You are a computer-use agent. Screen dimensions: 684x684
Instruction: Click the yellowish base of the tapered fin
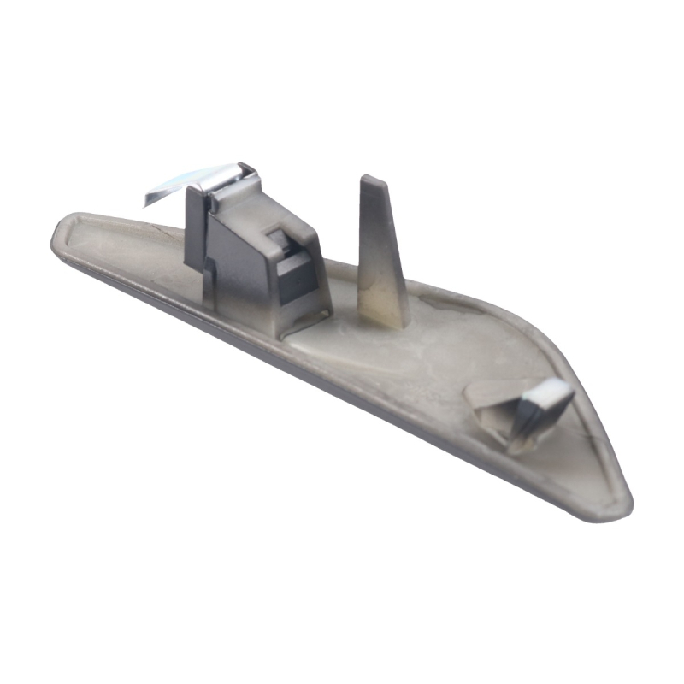tap(385, 312)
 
